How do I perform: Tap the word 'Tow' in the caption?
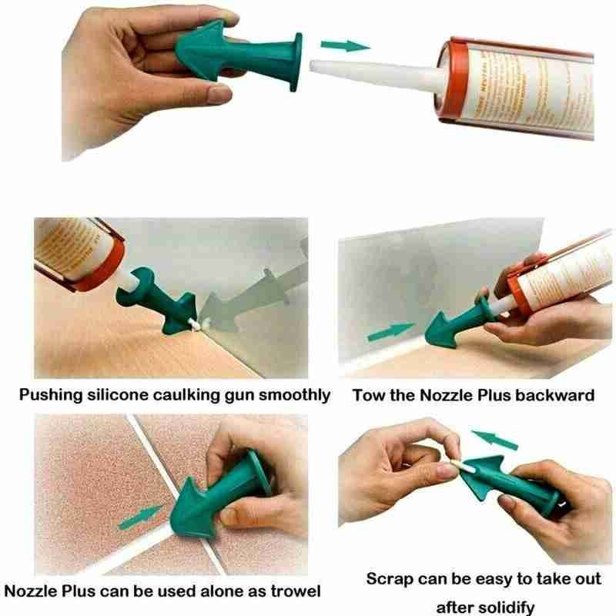click(367, 396)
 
